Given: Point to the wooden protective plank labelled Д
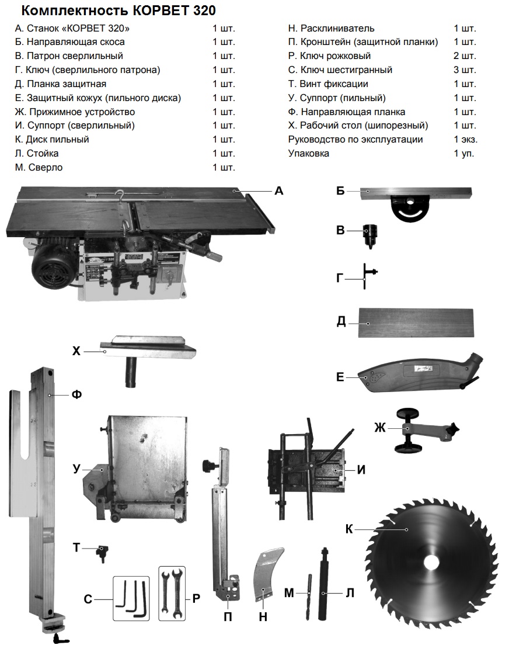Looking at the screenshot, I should [416, 323].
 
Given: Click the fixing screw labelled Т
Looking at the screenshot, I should [103, 552].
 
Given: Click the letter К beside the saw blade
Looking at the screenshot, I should [349, 529].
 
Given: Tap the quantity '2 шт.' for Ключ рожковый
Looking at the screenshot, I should [465, 56].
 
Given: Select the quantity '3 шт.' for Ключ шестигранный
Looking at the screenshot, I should [465, 70].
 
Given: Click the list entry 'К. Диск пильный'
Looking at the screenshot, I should [52, 140].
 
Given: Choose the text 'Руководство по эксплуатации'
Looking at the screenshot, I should [355, 140].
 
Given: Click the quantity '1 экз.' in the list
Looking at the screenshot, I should [465, 140].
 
